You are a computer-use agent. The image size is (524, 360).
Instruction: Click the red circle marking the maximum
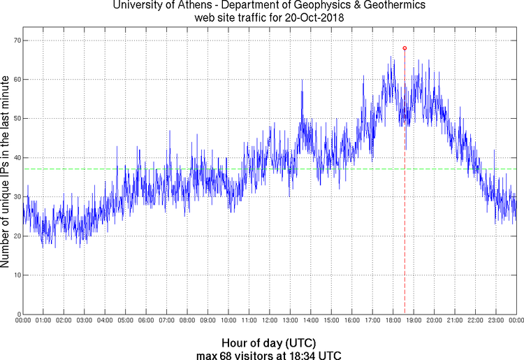tap(405, 48)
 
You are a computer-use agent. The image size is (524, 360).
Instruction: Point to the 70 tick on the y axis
tap(16, 41)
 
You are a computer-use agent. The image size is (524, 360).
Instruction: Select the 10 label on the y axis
tap(16, 275)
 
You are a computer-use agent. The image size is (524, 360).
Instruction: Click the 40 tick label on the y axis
tap(16, 158)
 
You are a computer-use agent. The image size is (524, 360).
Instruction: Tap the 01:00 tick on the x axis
tap(43, 320)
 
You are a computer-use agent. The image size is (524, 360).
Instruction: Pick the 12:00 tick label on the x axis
tap(270, 320)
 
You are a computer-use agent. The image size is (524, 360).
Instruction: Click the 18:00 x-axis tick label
tap(393, 320)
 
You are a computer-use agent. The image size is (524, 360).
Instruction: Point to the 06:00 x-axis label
tap(146, 320)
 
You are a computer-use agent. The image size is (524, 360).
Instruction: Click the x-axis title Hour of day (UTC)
tap(269, 343)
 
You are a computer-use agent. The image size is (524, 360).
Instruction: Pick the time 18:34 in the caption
tap(304, 354)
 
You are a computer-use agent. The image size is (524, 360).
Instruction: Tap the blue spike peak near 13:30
tap(302, 80)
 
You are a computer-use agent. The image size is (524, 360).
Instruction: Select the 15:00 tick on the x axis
tap(331, 320)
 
